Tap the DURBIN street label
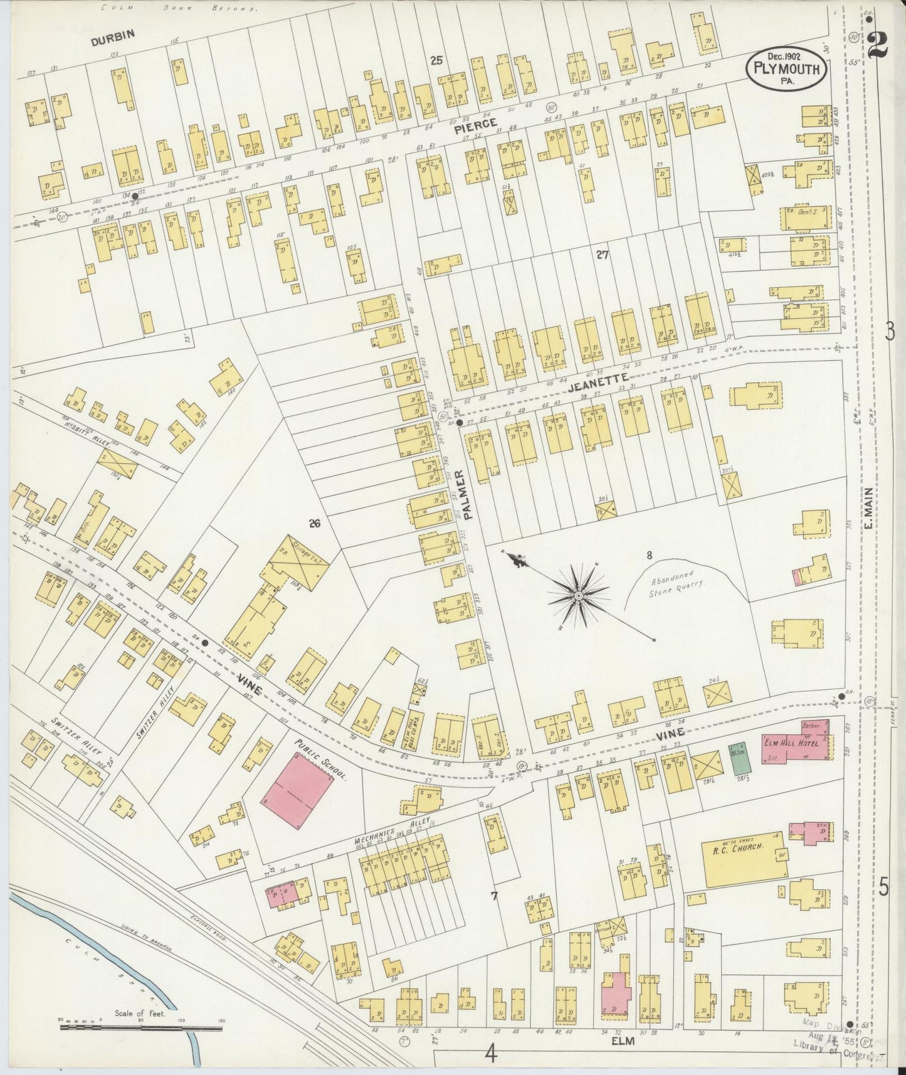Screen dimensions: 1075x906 [x=113, y=41]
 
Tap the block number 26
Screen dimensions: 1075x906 [x=314, y=523]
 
